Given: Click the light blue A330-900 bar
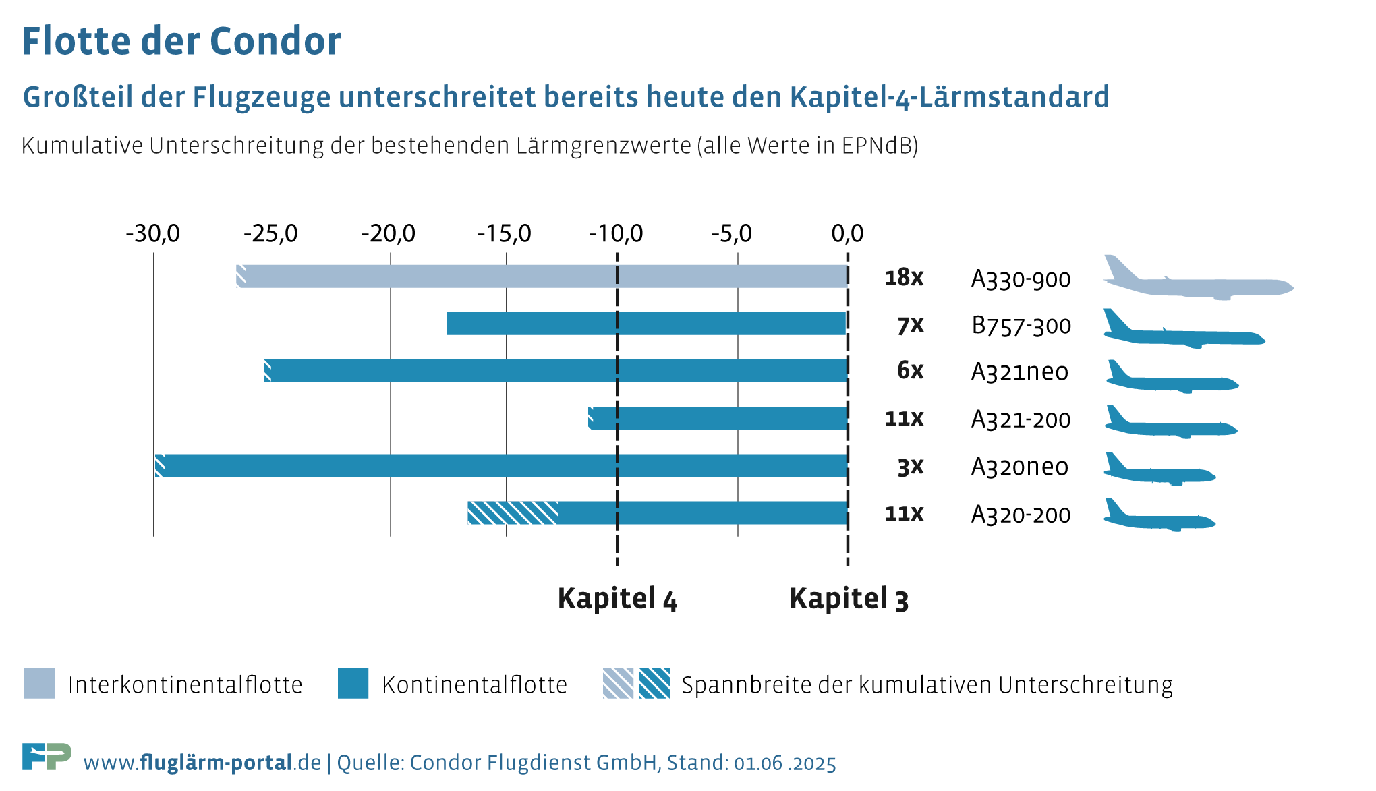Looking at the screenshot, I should [540, 276].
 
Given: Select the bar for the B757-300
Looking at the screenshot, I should [646, 324].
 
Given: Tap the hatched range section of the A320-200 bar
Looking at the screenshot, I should [513, 513].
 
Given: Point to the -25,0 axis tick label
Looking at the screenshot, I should [270, 234].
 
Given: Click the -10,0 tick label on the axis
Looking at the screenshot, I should [616, 234].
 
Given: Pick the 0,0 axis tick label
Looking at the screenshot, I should [847, 234].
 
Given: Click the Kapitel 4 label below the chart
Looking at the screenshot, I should [617, 599].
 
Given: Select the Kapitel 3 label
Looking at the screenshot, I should [849, 599].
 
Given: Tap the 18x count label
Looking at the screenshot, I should [904, 278].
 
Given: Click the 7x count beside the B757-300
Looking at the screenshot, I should [910, 326].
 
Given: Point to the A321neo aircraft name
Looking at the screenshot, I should [1019, 372].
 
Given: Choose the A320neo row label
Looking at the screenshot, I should [1019, 467].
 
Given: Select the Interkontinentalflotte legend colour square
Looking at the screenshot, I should [39, 684].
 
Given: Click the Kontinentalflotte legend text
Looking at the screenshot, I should [474, 685].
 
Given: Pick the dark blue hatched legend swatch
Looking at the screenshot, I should [654, 684].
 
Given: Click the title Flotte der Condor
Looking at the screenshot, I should [181, 41].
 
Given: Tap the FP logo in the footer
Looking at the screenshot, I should [47, 757].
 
